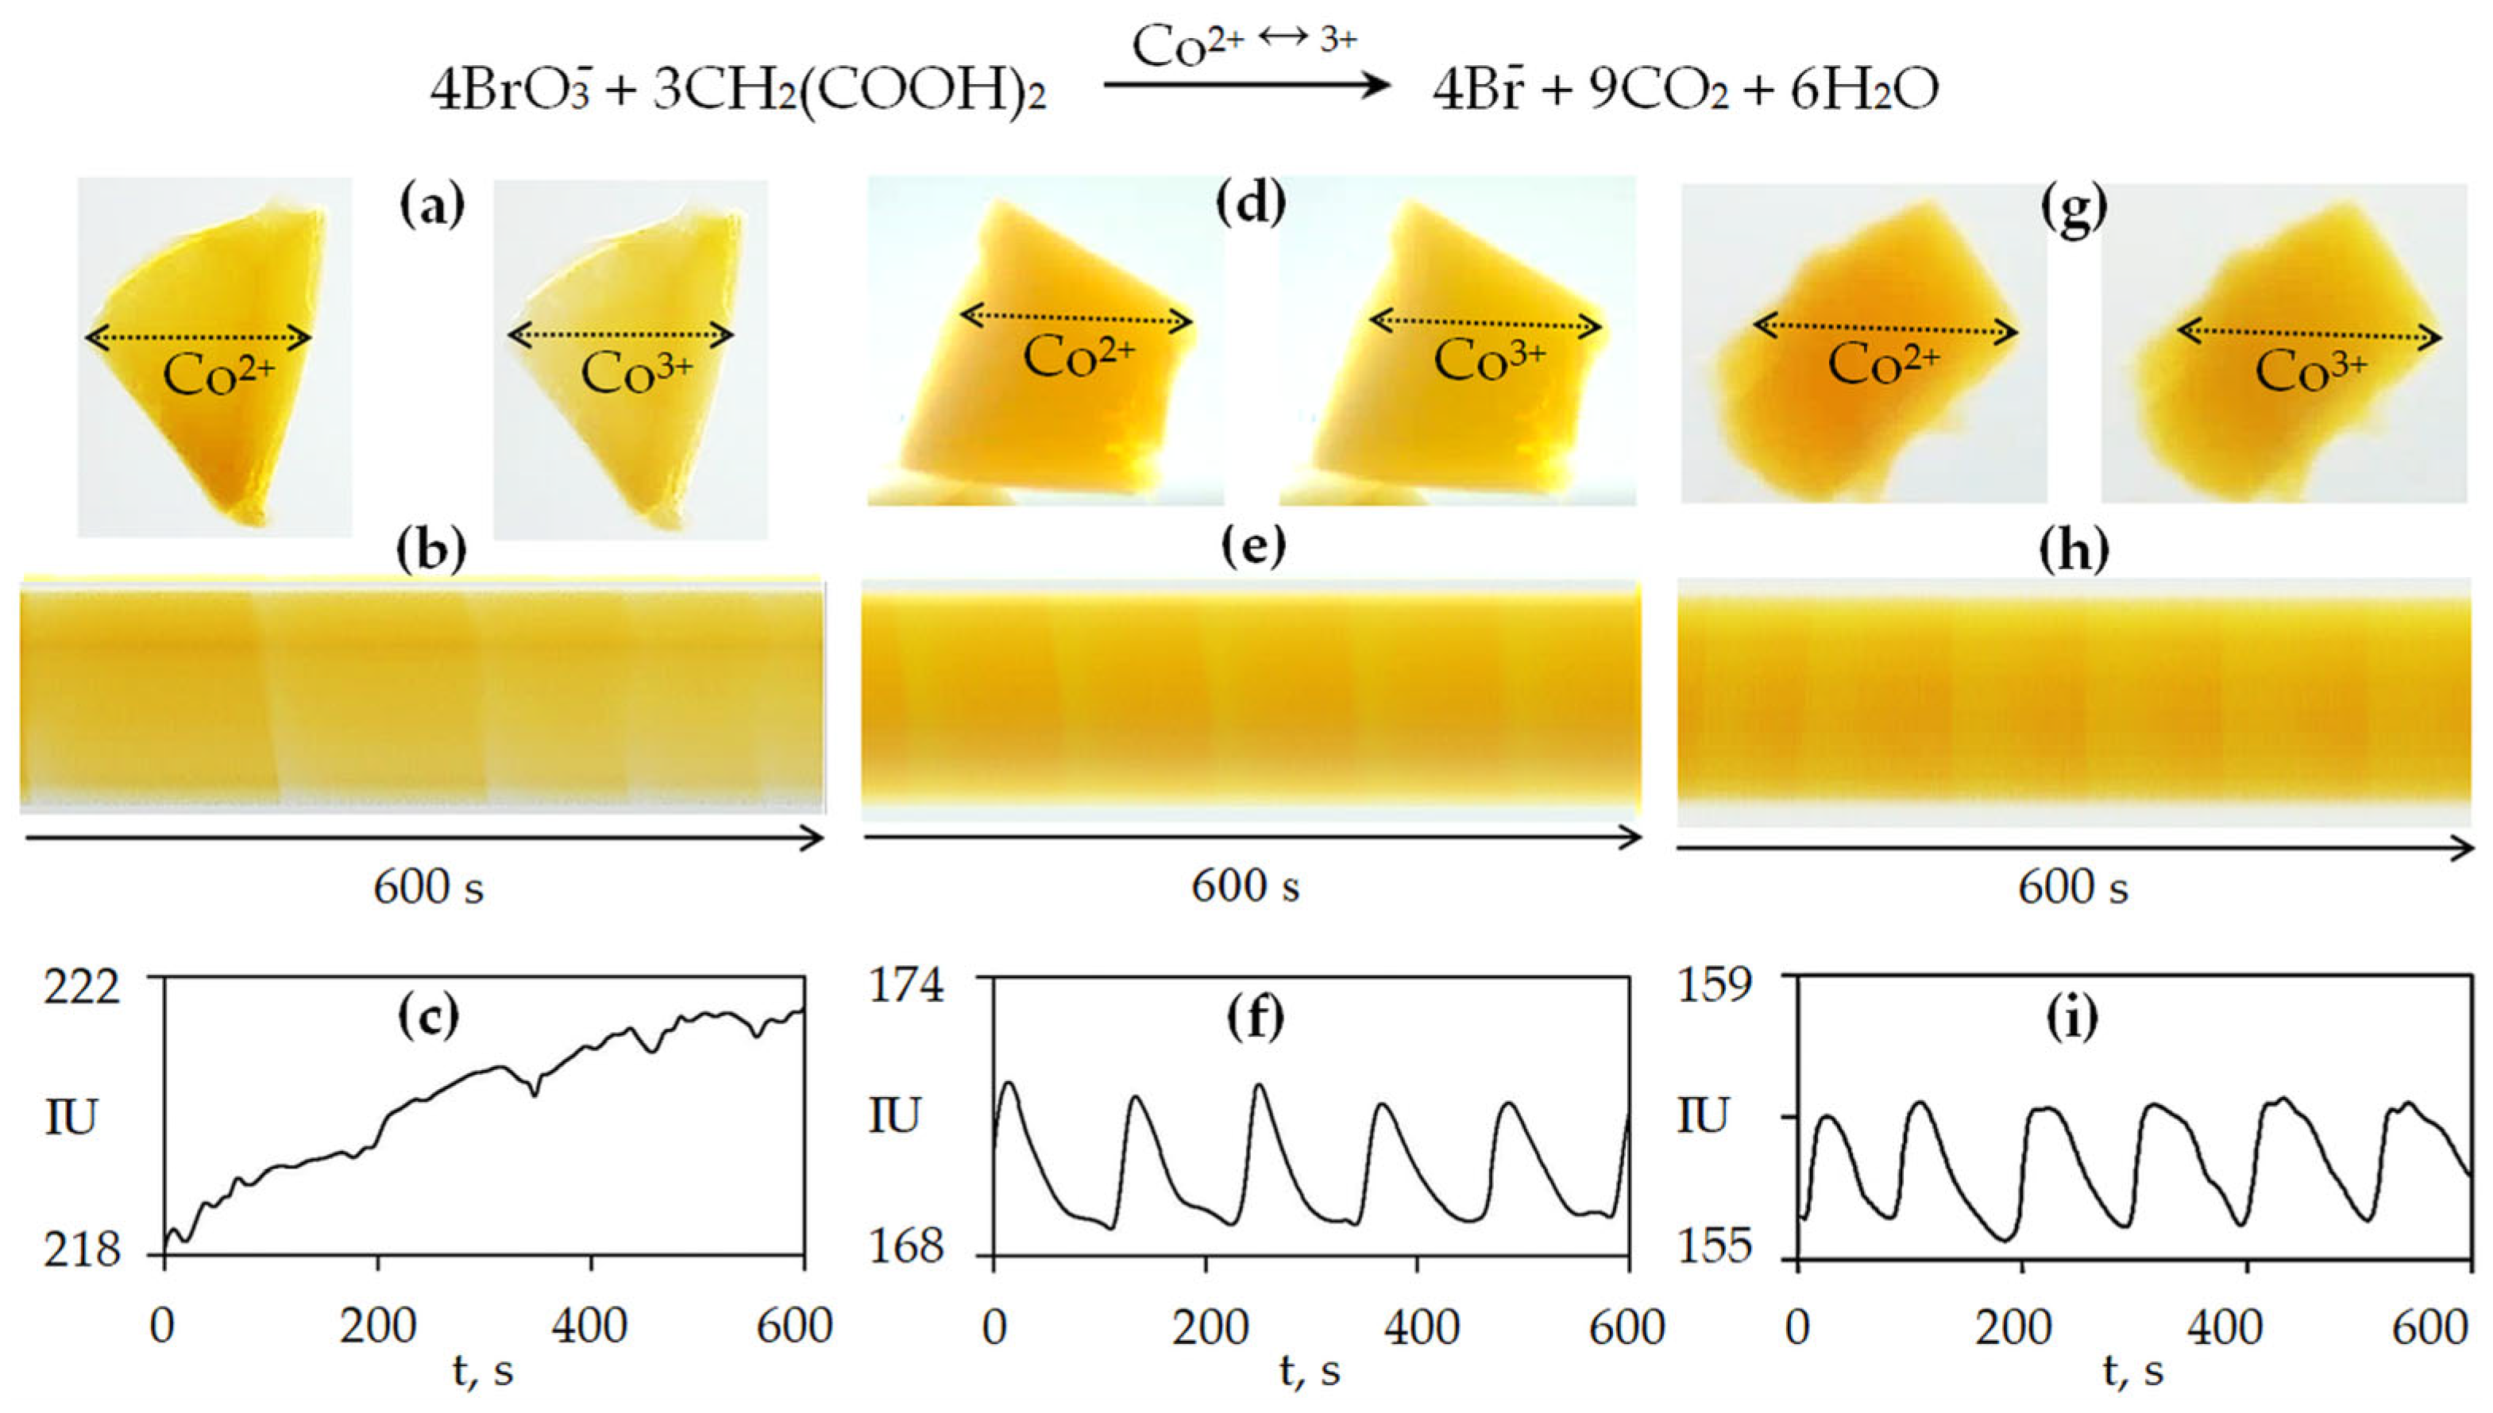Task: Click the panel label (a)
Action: pos(432,206)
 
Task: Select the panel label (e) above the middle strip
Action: pos(1253,549)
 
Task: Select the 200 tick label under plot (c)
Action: pos(377,1326)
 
